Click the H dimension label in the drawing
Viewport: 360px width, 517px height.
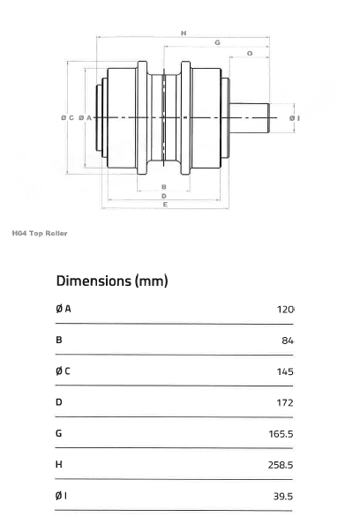[x=184, y=33]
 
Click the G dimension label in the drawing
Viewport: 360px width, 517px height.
[x=217, y=42]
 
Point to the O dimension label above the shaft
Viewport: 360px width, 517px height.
[x=250, y=54]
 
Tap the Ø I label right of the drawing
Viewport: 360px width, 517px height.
[x=295, y=117]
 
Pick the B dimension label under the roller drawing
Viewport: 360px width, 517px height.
[x=164, y=186]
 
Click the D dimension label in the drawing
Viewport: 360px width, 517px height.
[x=164, y=195]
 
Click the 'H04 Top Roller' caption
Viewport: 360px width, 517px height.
[x=40, y=233]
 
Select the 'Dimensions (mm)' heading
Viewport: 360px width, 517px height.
[x=112, y=281]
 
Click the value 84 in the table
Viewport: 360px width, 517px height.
[x=285, y=340]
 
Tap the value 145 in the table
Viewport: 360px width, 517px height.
[x=284, y=371]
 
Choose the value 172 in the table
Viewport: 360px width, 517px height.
[x=284, y=402]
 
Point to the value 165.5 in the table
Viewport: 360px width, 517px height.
[x=281, y=433]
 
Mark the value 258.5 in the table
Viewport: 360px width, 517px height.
[x=281, y=465]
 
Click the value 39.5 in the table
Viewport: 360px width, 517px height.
[x=282, y=496]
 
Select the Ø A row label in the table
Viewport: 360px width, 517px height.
[x=64, y=309]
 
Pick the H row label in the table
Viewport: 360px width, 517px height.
[x=59, y=464]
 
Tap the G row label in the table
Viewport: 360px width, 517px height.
[x=59, y=433]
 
